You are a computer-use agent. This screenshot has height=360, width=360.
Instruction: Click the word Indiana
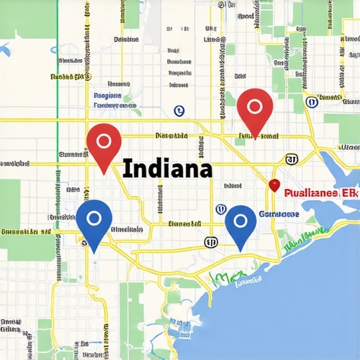[167, 169]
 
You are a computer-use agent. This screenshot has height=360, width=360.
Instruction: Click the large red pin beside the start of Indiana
[103, 146]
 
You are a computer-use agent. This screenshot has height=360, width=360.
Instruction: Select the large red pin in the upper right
[255, 110]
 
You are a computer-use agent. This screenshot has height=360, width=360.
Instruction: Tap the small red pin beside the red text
[274, 184]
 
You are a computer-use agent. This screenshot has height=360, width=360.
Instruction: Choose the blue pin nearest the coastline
[240, 226]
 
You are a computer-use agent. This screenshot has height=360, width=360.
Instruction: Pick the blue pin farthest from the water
[94, 222]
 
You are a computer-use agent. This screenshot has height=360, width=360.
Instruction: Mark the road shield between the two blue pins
[210, 242]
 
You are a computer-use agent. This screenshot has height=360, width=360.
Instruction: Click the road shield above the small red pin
[290, 160]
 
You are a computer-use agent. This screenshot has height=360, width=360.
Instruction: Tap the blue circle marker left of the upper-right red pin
[179, 110]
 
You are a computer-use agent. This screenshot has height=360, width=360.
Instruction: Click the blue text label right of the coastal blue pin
[279, 214]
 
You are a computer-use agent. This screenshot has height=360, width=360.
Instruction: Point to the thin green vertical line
[56, 105]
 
